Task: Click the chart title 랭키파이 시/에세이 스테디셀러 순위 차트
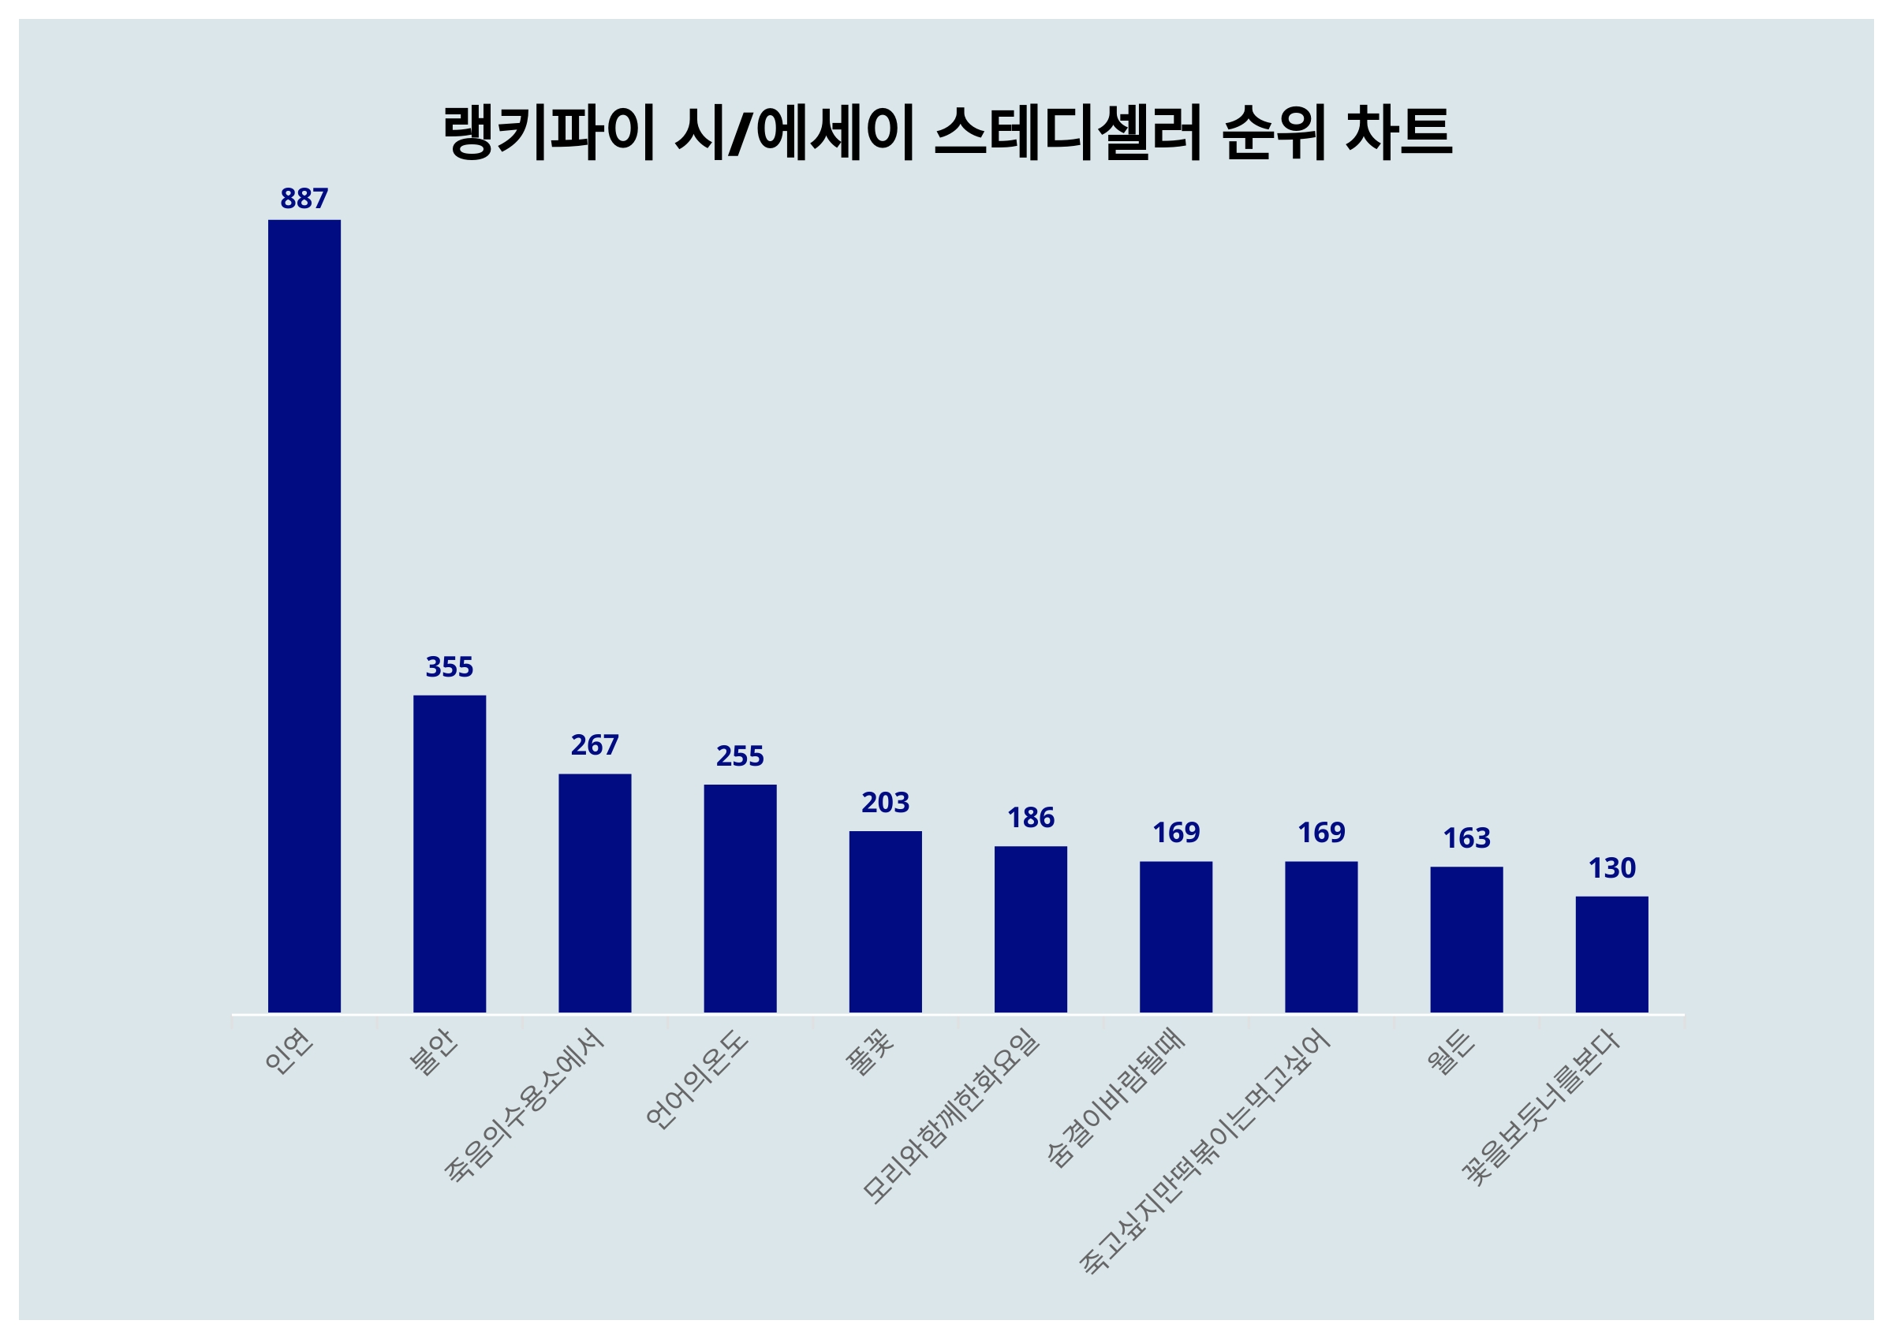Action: (x=946, y=132)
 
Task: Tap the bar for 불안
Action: (x=450, y=853)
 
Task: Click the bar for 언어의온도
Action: (x=740, y=898)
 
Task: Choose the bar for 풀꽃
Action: (x=885, y=921)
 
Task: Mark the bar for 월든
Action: (x=1466, y=939)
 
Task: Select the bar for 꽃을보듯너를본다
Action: (x=1611, y=954)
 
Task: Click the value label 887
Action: (x=304, y=199)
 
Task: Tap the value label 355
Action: (x=450, y=667)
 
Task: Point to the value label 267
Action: (x=595, y=745)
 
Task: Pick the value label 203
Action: (x=885, y=802)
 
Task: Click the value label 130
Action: (x=1611, y=868)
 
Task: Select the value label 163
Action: (x=1466, y=838)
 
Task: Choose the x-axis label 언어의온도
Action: (x=696, y=1080)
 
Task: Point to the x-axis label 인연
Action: (x=289, y=1052)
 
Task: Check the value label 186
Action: (x=1030, y=818)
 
